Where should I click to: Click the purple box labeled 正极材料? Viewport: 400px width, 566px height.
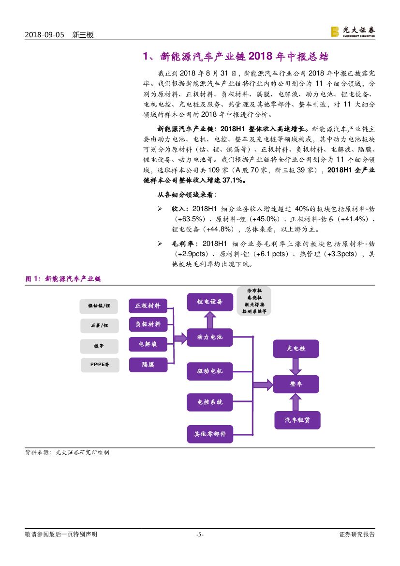(x=148, y=306)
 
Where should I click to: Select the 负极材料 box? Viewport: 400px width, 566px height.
(x=148, y=324)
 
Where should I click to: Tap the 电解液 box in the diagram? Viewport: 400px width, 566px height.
(x=148, y=344)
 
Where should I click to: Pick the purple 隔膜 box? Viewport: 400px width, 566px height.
(x=148, y=365)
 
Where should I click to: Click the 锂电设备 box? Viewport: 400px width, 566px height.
(x=210, y=302)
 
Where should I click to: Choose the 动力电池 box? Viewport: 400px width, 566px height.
(x=210, y=337)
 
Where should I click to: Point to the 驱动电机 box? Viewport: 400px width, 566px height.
(x=210, y=371)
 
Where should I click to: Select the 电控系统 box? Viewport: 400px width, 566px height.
(x=210, y=402)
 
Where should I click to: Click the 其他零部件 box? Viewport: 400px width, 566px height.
(x=210, y=434)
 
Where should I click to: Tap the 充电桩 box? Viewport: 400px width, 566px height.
(x=296, y=348)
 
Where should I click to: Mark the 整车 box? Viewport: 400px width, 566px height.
(x=296, y=384)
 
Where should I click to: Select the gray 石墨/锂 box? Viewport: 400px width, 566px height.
(x=100, y=326)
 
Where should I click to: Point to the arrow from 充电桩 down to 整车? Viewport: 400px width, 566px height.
(x=296, y=367)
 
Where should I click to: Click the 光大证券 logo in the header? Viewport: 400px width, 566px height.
(x=353, y=31)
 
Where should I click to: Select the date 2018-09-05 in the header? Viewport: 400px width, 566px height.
(x=44, y=35)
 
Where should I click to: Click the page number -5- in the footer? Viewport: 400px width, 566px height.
(x=200, y=535)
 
